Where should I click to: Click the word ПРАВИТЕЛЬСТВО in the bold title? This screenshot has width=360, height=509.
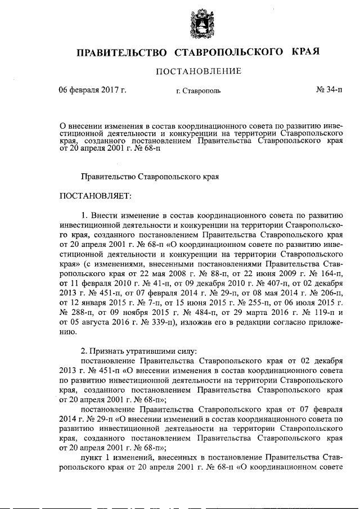click(x=122, y=52)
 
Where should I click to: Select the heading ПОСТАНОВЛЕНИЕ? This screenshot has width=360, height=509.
click(x=199, y=71)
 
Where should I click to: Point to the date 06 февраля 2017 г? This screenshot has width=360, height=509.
click(x=93, y=90)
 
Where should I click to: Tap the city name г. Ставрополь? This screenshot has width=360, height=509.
click(x=199, y=91)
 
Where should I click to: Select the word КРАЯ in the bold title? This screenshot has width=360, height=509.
click(x=307, y=52)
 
